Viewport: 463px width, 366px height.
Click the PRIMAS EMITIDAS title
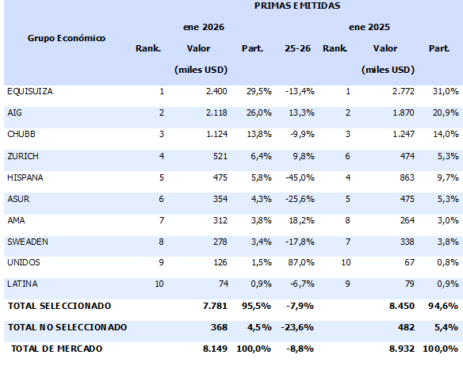(297, 6)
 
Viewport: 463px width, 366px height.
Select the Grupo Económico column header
(67, 37)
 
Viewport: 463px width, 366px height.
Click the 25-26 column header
(297, 48)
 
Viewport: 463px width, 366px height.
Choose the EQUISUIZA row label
(29, 92)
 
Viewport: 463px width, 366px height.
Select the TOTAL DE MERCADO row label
(55, 348)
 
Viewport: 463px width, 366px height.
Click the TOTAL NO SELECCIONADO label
(67, 326)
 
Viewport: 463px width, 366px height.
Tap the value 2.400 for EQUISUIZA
(216, 92)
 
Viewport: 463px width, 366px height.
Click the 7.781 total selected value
(215, 305)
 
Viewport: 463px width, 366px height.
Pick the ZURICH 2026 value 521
(220, 156)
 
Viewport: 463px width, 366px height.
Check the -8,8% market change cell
(298, 348)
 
